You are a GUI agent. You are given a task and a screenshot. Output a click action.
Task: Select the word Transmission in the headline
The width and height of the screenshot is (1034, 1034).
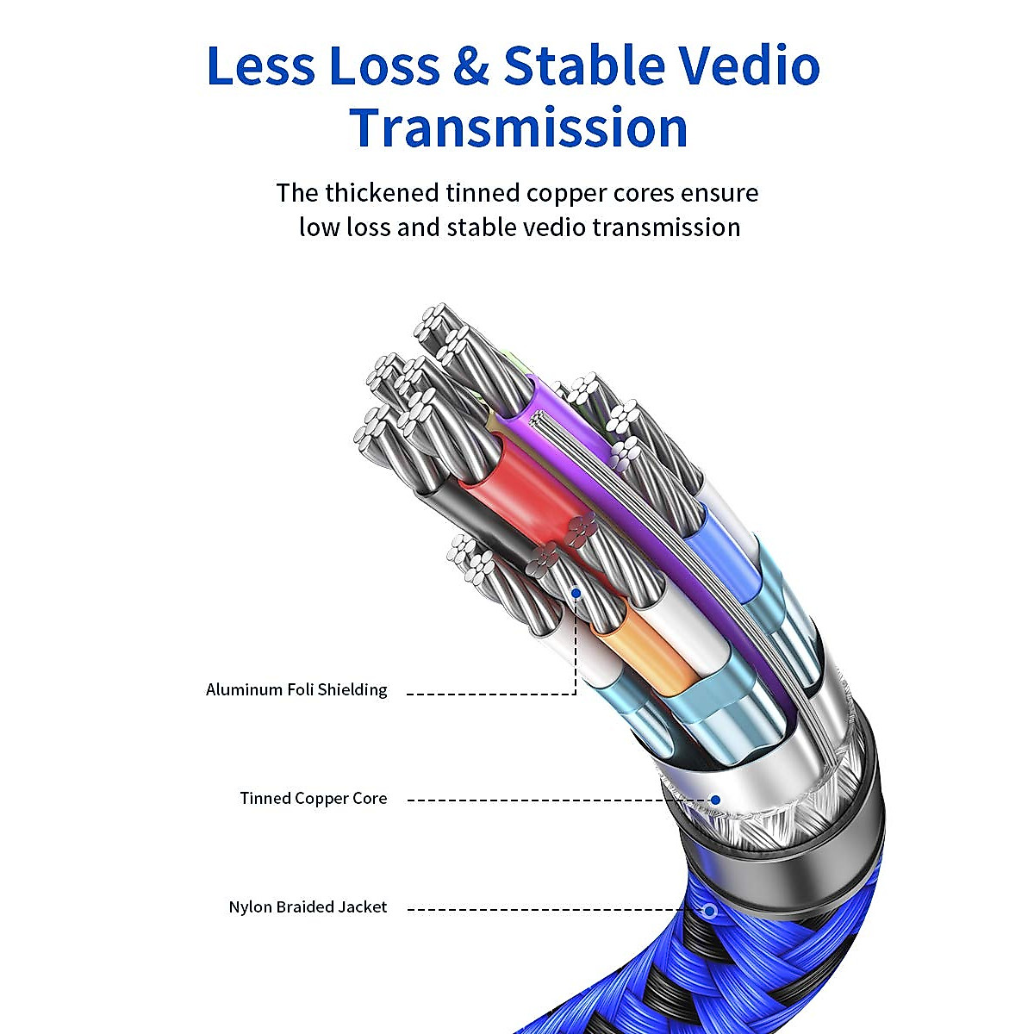[x=518, y=128]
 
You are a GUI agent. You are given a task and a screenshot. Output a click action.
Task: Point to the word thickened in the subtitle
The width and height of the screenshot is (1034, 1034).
[x=395, y=192]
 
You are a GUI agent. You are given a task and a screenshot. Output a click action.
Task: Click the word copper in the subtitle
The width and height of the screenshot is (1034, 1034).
[x=567, y=192]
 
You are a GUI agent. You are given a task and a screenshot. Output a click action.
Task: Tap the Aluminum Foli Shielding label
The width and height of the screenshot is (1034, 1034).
[x=296, y=689]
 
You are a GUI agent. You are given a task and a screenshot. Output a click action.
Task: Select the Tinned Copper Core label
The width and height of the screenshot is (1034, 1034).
[x=314, y=798]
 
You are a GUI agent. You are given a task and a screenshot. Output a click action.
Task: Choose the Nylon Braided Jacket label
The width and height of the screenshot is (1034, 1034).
[x=308, y=906]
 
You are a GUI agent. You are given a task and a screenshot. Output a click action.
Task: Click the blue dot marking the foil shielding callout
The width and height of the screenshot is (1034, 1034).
[x=576, y=594]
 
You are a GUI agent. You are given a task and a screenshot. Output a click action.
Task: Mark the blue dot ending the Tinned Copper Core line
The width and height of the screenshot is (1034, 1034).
[x=715, y=800]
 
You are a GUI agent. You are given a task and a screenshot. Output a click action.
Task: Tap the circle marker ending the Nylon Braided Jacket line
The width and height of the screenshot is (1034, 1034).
[x=710, y=910]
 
